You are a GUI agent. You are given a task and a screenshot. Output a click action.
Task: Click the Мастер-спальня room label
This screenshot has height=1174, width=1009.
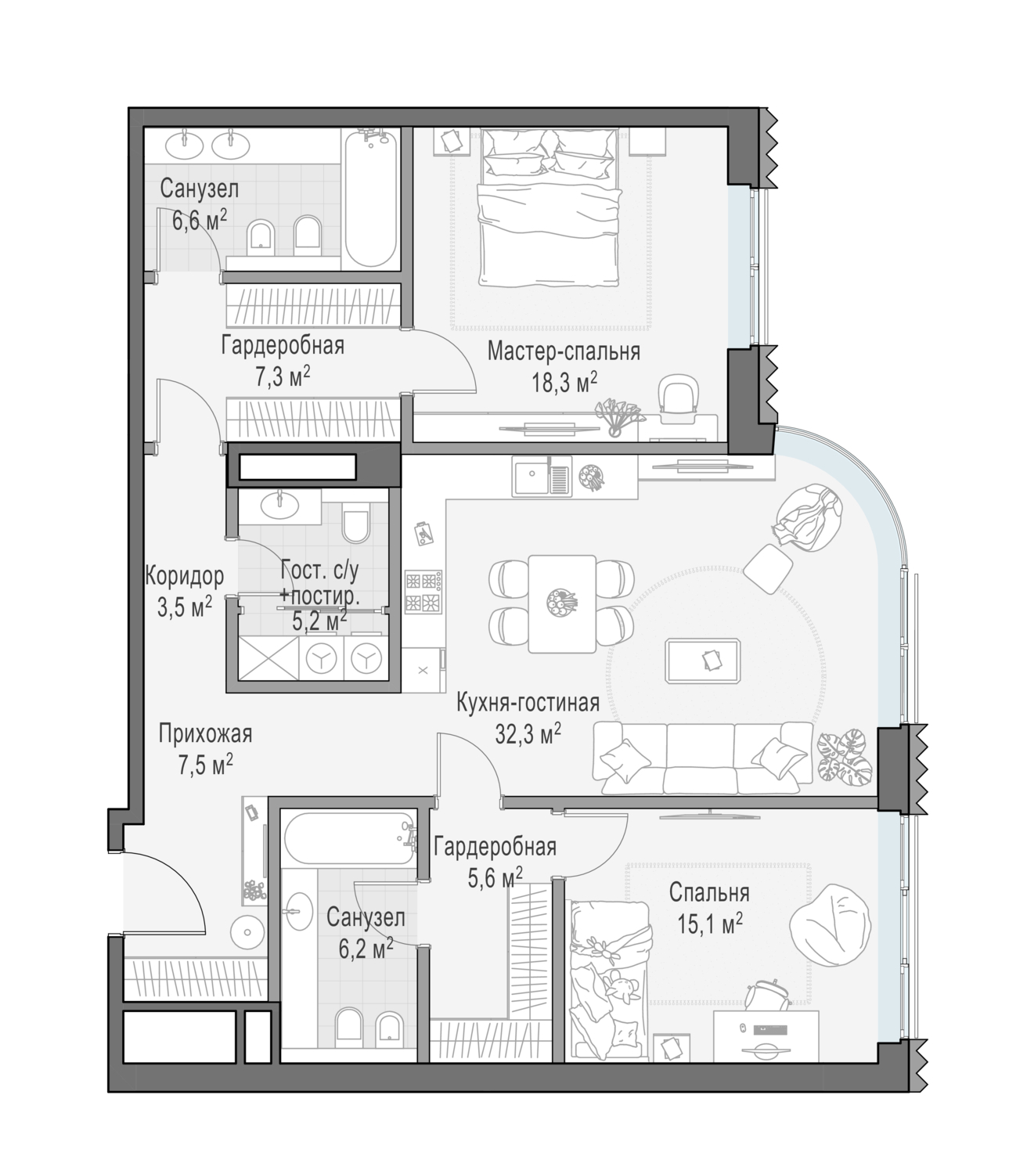point(564,351)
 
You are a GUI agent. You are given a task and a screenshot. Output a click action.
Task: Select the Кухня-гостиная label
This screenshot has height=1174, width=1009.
point(528,703)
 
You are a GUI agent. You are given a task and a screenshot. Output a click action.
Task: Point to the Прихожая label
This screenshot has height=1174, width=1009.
point(205,733)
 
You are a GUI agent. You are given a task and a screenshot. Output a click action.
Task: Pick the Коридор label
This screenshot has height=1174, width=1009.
point(185,576)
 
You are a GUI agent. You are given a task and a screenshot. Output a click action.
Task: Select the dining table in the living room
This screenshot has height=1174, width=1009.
point(562,603)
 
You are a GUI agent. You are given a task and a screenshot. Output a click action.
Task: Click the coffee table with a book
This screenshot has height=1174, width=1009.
point(703,660)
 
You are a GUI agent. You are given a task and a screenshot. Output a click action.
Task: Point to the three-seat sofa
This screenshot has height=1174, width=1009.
point(703,758)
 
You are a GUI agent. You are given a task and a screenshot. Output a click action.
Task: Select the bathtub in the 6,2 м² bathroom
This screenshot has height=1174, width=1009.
point(349,839)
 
